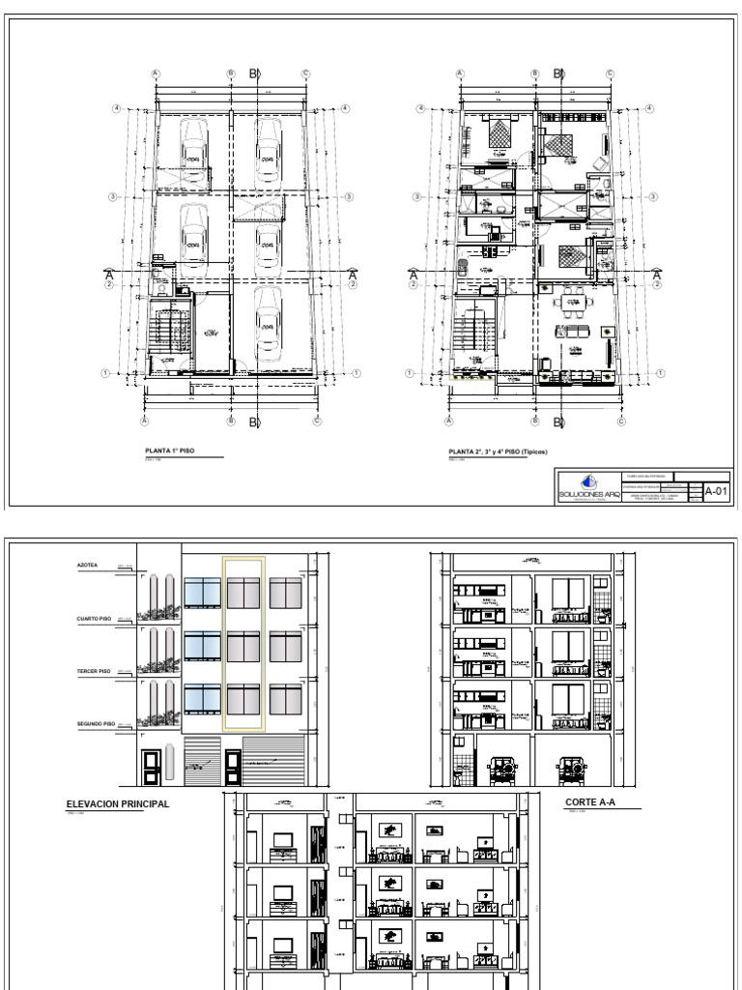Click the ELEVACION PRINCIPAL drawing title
pos(117,803)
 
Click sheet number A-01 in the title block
pos(716,491)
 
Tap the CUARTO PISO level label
pos(90,621)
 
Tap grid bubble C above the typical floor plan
pos(611,73)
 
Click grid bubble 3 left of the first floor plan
pos(113,197)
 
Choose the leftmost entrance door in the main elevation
pos(150,766)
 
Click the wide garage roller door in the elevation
pos(274,760)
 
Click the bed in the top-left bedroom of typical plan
pos(498,137)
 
